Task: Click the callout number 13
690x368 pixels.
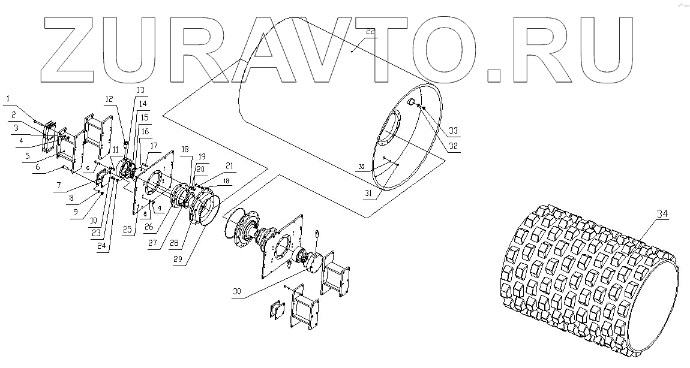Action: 140,90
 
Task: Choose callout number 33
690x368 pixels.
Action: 452,130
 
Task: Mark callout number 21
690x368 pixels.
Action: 212,166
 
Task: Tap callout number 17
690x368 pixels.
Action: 155,146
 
